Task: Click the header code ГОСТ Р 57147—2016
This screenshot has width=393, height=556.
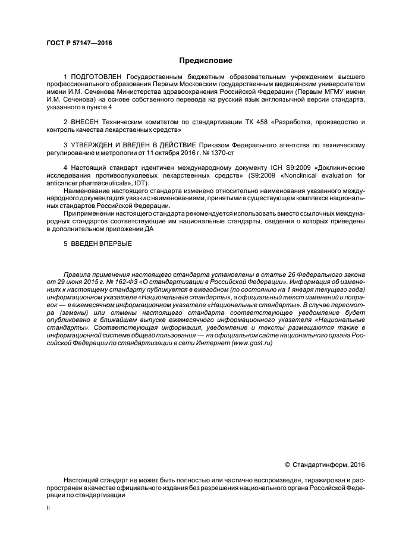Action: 79,43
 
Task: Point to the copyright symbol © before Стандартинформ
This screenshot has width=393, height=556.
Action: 288,464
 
